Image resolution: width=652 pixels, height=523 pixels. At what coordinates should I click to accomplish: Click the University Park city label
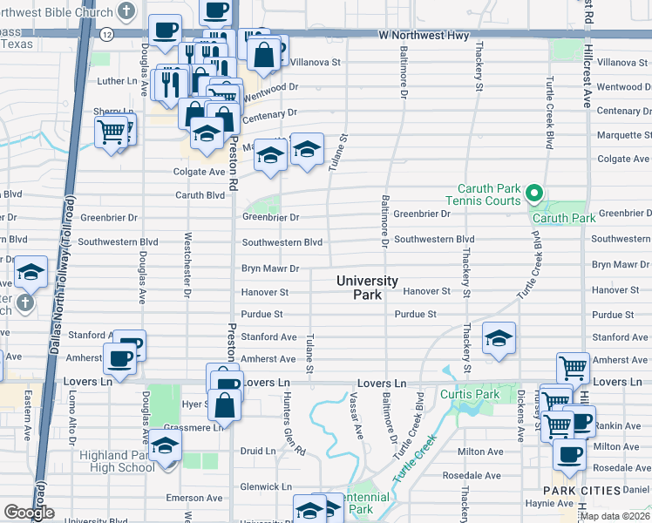[x=367, y=288]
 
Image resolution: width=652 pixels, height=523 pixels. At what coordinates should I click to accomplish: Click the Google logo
[x=29, y=513]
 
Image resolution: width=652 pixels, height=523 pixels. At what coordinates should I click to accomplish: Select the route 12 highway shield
[x=105, y=35]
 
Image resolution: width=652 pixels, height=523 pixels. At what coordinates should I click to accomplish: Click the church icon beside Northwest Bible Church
[x=127, y=12]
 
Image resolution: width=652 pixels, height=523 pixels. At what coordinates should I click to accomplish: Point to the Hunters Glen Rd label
[x=293, y=432]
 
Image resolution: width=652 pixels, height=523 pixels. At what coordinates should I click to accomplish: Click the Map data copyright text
[x=614, y=516]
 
